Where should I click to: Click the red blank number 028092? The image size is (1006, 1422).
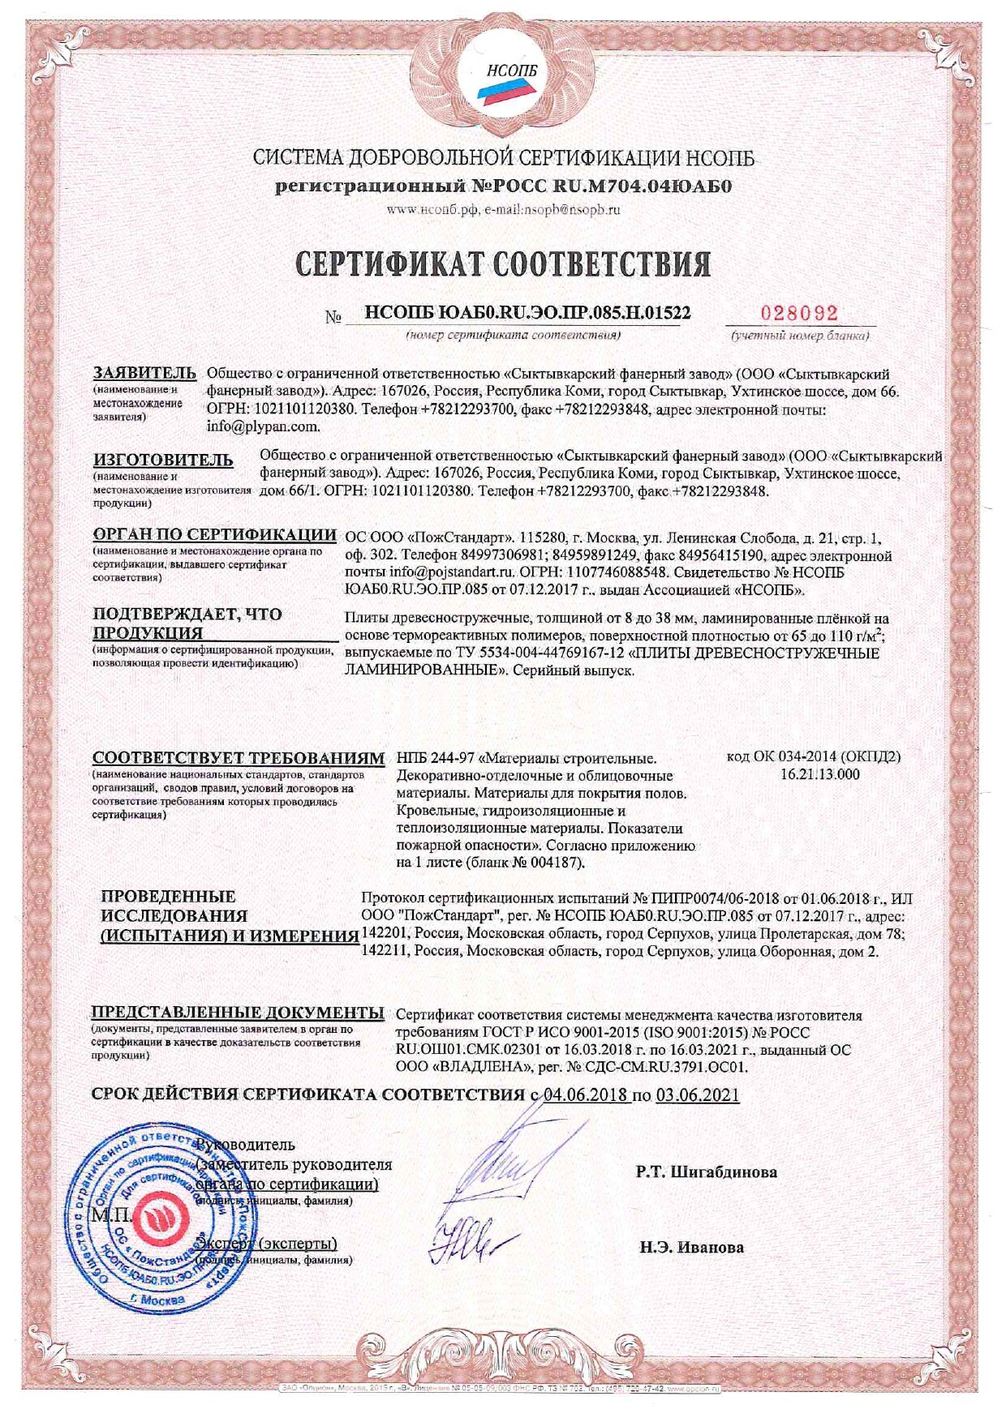tap(798, 314)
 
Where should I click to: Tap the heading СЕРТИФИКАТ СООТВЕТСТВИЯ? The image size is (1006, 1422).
tap(503, 263)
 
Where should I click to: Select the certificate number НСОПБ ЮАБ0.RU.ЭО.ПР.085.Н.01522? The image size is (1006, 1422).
tap(527, 314)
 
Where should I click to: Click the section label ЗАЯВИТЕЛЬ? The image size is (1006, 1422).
tap(144, 373)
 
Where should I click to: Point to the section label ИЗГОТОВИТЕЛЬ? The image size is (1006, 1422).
tap(163, 460)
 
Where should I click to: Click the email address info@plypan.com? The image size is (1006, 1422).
tap(264, 426)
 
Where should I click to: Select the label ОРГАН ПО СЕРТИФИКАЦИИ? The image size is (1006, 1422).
tap(214, 534)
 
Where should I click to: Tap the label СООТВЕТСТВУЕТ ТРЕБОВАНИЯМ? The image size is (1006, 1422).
tap(238, 758)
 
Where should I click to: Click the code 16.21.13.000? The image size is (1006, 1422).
tap(819, 774)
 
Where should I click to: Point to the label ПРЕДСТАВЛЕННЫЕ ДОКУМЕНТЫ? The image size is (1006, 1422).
tap(237, 1012)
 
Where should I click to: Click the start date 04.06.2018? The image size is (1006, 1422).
tap(586, 1094)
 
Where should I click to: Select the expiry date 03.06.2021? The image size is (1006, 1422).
tap(697, 1094)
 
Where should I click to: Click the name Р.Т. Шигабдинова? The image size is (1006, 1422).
tap(706, 1171)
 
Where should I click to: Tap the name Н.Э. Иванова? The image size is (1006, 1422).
tap(691, 1247)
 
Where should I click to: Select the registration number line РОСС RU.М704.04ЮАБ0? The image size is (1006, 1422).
tap(503, 186)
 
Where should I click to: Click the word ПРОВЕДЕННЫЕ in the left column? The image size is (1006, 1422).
tap(168, 896)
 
